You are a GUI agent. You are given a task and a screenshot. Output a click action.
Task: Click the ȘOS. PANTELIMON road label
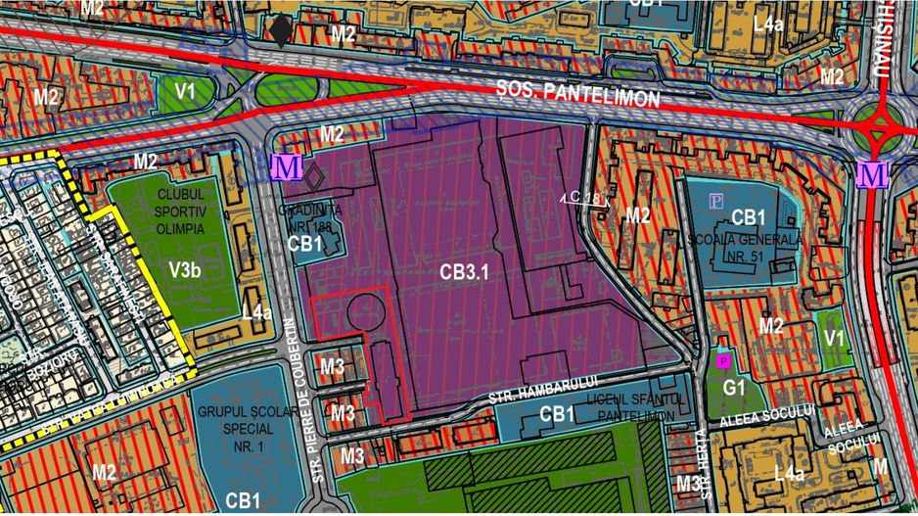tap(577, 96)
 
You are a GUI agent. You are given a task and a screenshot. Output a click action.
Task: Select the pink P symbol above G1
tap(723, 361)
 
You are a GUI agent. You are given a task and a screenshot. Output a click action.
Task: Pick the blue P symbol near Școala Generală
tap(716, 201)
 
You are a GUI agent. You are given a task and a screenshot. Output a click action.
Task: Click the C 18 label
tap(583, 199)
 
